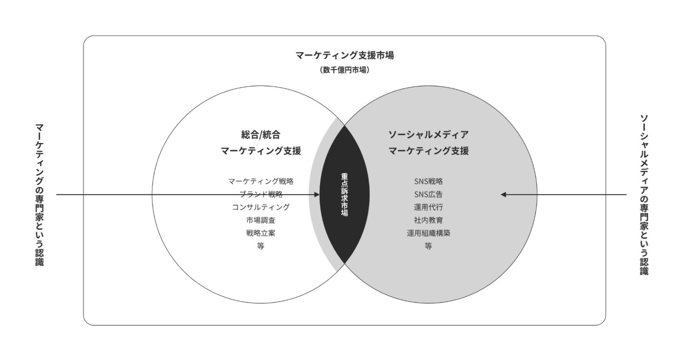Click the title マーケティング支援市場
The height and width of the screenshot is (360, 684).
[x=344, y=55]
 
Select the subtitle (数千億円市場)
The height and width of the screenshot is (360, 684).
[x=344, y=70]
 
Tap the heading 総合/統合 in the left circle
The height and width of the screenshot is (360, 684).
[x=260, y=135]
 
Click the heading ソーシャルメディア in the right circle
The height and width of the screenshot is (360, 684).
[x=428, y=135]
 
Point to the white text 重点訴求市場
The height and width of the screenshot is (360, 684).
[x=344, y=195]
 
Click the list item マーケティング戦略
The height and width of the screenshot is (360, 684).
[x=260, y=181]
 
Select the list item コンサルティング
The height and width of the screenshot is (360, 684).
[x=260, y=207]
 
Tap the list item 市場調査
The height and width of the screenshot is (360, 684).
[x=260, y=220]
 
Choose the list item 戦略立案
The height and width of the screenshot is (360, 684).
[x=260, y=233]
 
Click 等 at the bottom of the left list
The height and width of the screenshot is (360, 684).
[x=260, y=246]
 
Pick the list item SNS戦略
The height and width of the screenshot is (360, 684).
[x=428, y=181]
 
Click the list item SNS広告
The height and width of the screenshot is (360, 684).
[x=428, y=194]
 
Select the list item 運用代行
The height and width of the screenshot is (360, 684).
[x=428, y=207]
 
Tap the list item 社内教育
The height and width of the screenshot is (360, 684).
[x=428, y=220]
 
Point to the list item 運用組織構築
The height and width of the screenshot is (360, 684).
[x=428, y=233]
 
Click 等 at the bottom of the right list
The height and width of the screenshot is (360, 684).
[x=428, y=246]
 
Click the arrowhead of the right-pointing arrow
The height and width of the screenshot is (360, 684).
[x=317, y=195]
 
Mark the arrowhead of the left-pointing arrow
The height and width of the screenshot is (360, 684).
[x=503, y=195]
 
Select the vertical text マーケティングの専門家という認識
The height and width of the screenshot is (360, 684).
[x=39, y=195]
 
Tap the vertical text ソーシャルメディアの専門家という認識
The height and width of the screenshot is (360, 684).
[x=644, y=195]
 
